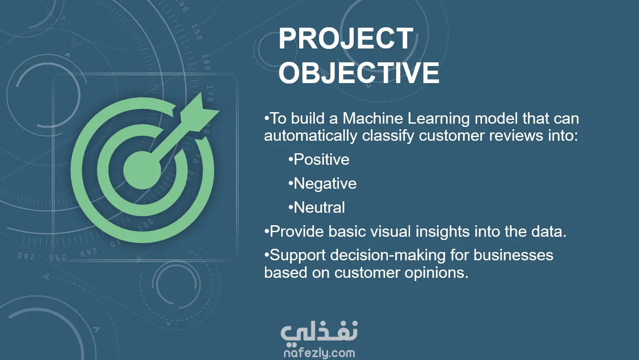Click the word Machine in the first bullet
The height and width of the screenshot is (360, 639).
[x=373, y=118]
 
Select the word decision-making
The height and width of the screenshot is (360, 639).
[x=388, y=256]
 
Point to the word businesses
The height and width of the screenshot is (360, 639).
[x=513, y=255]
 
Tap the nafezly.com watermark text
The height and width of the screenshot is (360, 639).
[x=319, y=353]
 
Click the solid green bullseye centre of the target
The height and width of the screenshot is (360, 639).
[x=142, y=170]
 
